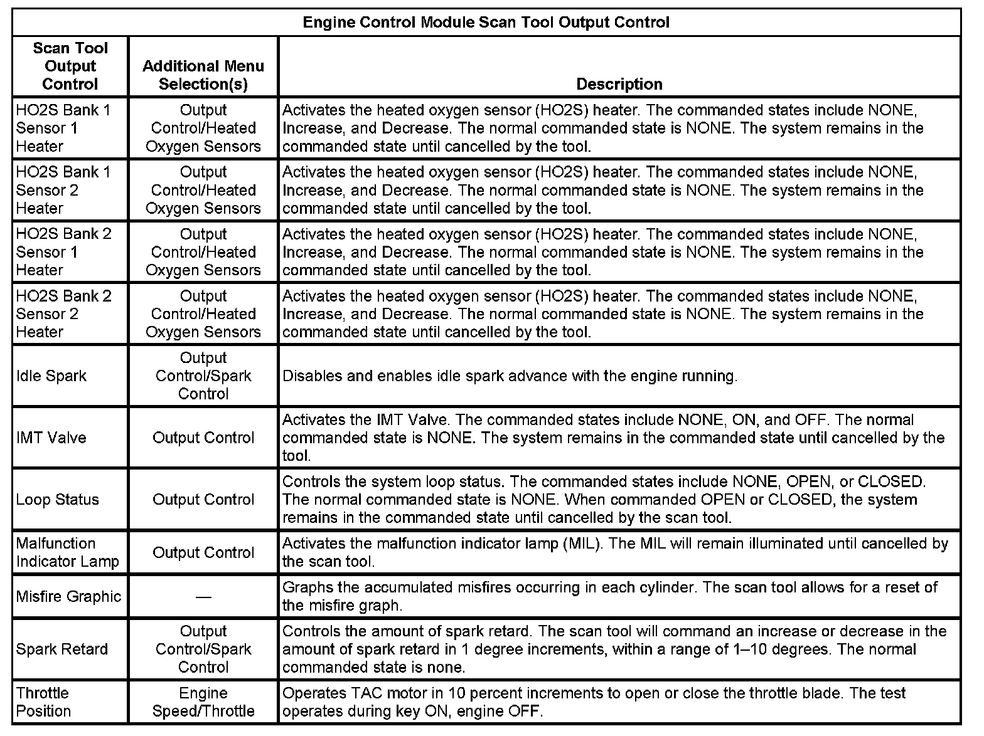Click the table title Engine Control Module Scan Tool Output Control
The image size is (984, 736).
[486, 23]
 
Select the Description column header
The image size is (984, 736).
[619, 84]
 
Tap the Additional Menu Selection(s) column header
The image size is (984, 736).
[203, 75]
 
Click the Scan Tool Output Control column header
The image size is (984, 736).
[70, 66]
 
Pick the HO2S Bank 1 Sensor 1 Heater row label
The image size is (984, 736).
[63, 128]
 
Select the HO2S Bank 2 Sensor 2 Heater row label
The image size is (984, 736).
[63, 313]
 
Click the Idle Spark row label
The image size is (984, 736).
[51, 376]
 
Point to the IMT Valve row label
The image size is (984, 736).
[51, 438]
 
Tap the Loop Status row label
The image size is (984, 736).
[57, 500]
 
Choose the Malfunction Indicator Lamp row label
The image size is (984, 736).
[67, 552]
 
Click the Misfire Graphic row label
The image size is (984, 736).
[68, 596]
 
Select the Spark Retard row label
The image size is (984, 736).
[61, 649]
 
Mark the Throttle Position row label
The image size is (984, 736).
[43, 702]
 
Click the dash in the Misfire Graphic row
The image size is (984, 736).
[203, 597]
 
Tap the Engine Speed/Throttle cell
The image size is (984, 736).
[203, 702]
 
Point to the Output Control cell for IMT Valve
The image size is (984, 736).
[203, 438]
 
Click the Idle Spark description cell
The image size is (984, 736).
[510, 376]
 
